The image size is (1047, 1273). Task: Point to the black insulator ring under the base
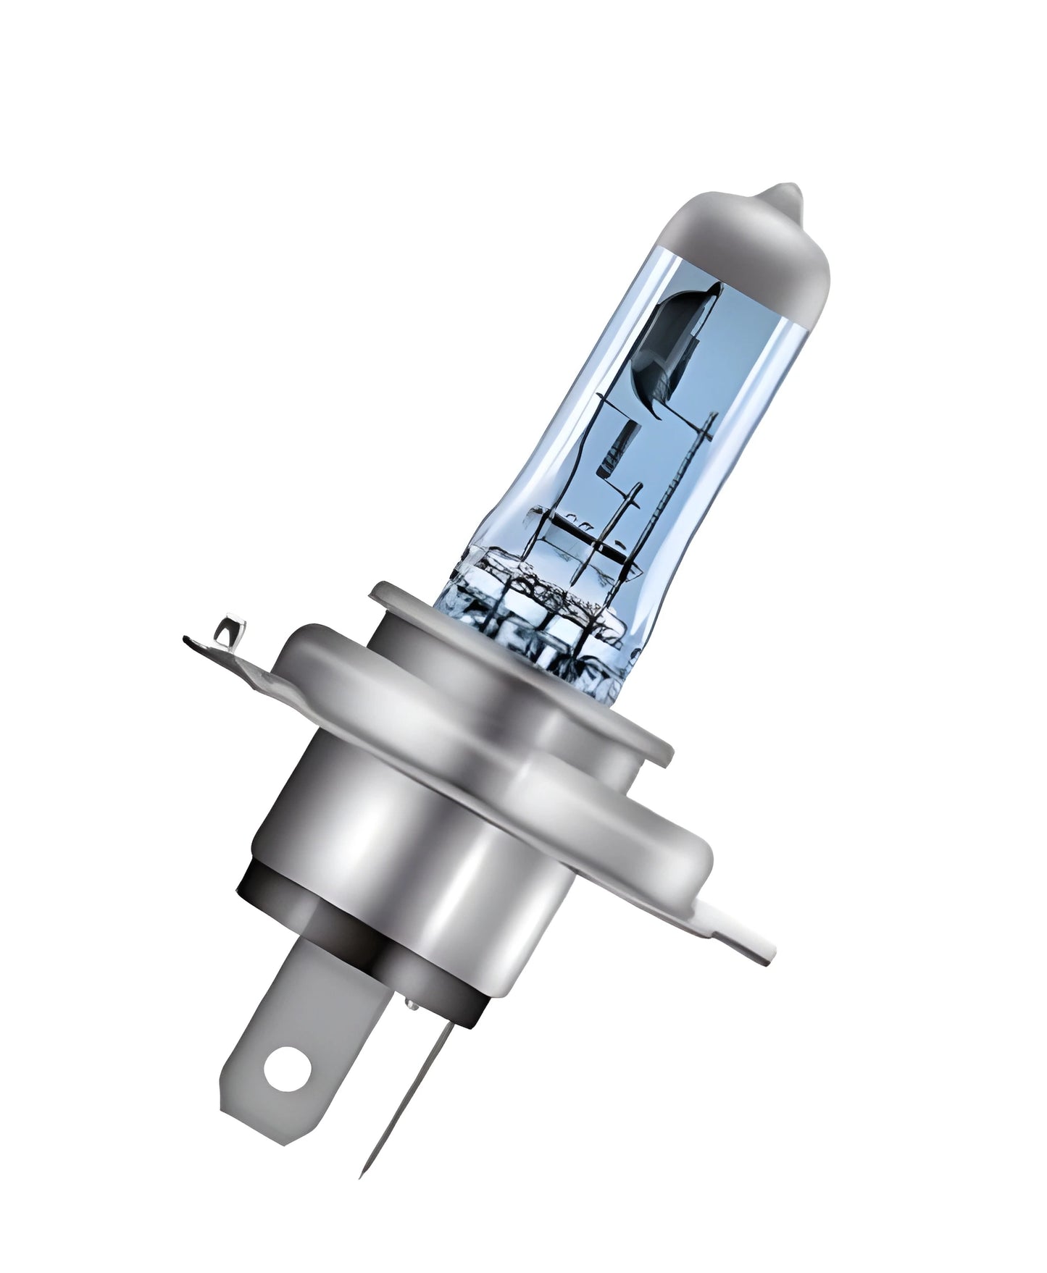pyautogui.click(x=341, y=934)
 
